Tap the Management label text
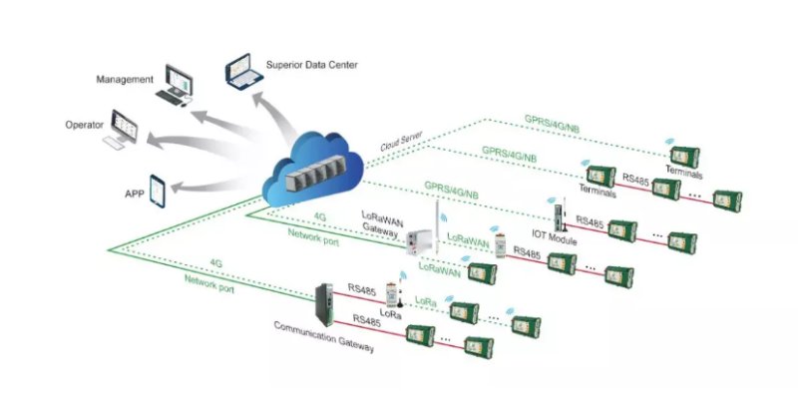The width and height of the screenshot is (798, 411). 125,78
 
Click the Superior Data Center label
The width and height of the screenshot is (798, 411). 311,65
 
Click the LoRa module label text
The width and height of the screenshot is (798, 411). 392,313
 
